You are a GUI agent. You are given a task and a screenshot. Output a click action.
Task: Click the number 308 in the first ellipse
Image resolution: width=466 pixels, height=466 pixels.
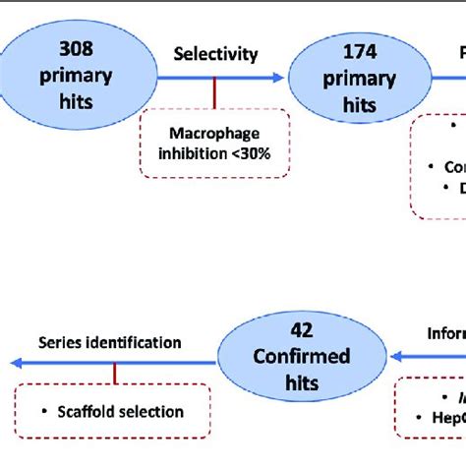77,47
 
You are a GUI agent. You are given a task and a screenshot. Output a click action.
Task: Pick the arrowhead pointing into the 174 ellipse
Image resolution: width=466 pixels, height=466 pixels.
282,77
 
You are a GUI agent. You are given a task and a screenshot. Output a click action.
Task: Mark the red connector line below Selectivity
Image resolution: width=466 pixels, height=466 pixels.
213,94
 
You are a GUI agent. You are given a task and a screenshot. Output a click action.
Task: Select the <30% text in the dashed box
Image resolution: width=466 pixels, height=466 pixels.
250,154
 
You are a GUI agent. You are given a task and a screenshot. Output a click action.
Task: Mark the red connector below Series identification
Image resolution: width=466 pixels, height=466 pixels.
115,374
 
